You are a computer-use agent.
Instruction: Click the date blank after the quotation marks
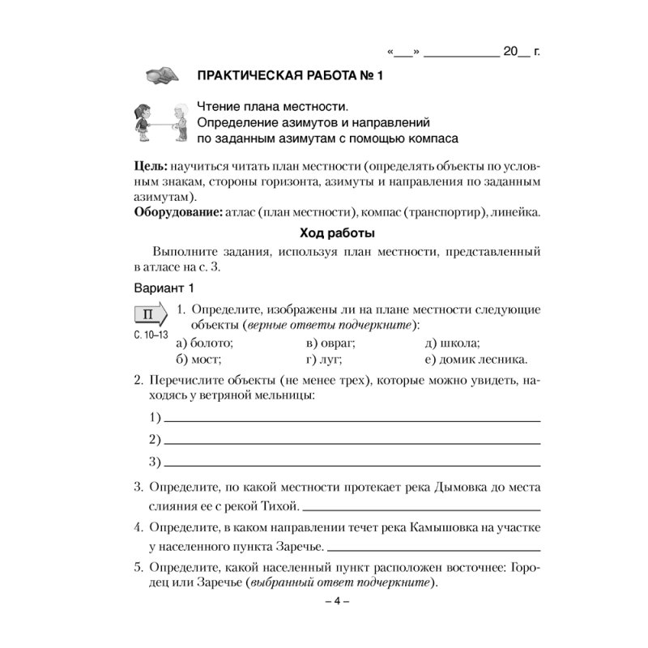[x=461, y=53]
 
